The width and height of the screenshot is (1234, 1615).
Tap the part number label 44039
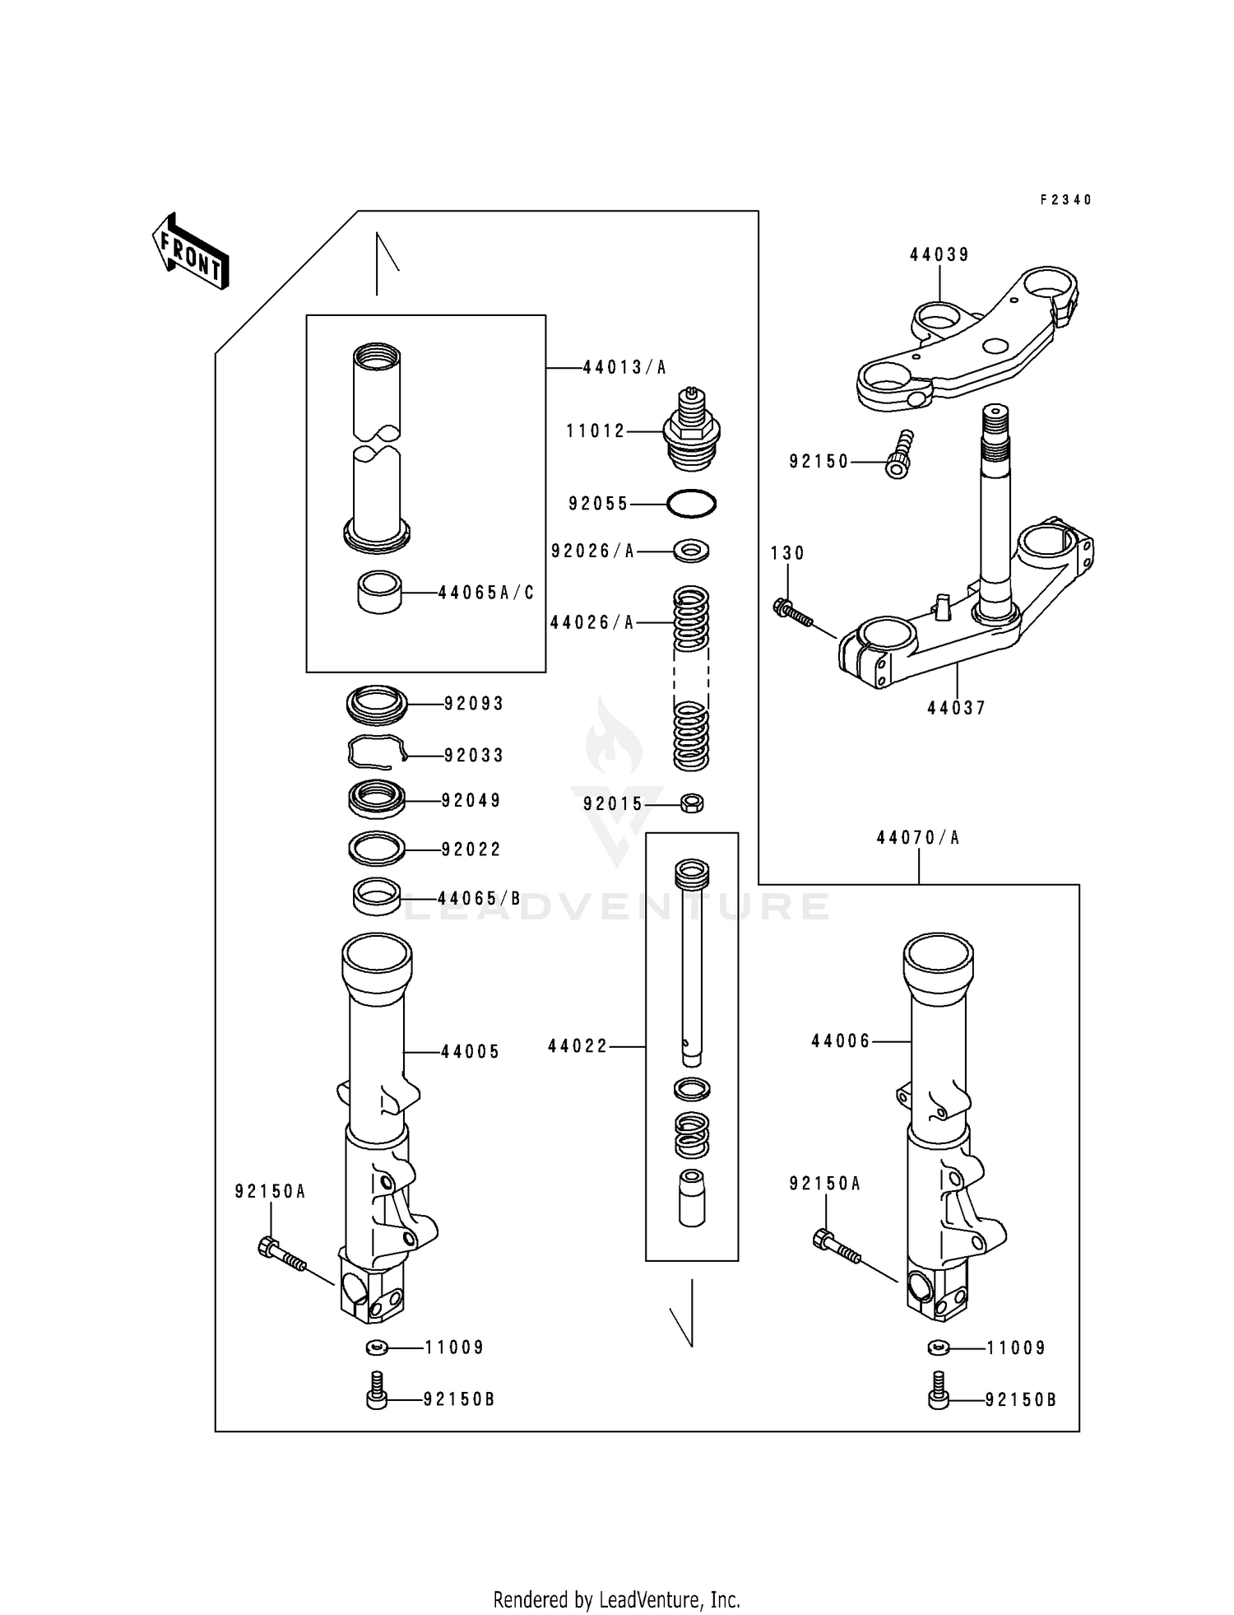pyautogui.click(x=939, y=255)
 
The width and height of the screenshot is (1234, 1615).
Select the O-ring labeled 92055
pyautogui.click(x=691, y=504)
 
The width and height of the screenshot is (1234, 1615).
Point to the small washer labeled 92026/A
pyautogui.click(x=691, y=550)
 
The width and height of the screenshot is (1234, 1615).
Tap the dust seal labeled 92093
pyautogui.click(x=376, y=703)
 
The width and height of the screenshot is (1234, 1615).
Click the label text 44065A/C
pyautogui.click(x=486, y=593)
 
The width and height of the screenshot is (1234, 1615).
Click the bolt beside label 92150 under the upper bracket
pyautogui.click(x=900, y=455)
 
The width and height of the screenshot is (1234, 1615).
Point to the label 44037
pyautogui.click(x=956, y=708)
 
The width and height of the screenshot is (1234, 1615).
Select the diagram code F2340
pyautogui.click(x=1065, y=200)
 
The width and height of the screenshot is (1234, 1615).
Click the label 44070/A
pyautogui.click(x=918, y=838)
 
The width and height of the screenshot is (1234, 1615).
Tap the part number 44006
pyautogui.click(x=841, y=1041)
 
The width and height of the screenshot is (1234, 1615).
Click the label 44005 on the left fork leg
pyautogui.click(x=471, y=1052)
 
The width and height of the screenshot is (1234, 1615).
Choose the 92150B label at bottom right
pyautogui.click(x=1021, y=1400)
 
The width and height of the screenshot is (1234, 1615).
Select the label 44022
pyautogui.click(x=578, y=1046)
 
